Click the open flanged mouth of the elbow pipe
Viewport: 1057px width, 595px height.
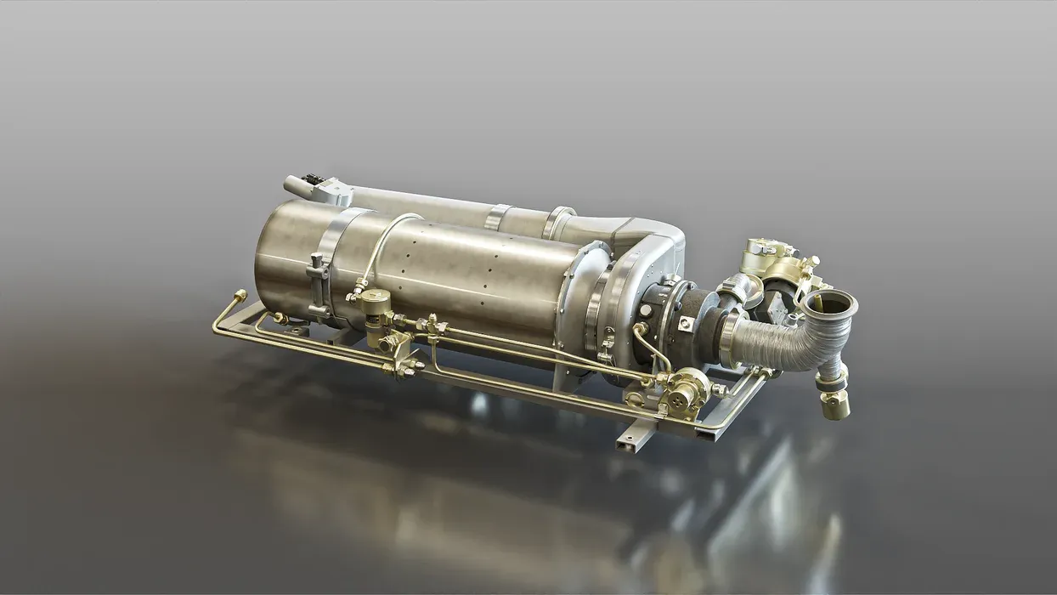[829, 303]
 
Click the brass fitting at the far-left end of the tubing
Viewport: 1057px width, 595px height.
[240, 297]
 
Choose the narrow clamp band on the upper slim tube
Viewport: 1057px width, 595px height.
[499, 218]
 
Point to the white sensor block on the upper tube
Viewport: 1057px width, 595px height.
[336, 192]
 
